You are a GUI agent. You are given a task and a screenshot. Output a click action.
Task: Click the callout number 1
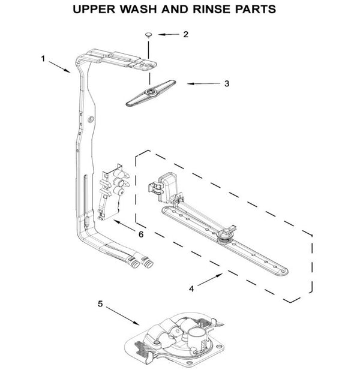pos(44,58)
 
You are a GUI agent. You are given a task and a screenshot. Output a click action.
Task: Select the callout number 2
pos(186,35)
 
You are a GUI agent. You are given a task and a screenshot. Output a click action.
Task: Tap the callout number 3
pos(226,84)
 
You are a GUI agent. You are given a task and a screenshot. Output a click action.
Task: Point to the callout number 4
pos(191,288)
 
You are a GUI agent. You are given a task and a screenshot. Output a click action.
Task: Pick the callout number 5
pos(100,304)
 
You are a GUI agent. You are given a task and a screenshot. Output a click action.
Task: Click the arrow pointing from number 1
pos(61,67)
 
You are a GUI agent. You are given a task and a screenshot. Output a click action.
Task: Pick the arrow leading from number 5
pos(123,316)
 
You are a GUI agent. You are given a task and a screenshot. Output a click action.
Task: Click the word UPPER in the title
pos(94,10)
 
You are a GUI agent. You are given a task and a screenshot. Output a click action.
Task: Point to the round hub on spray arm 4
pos(227,236)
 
